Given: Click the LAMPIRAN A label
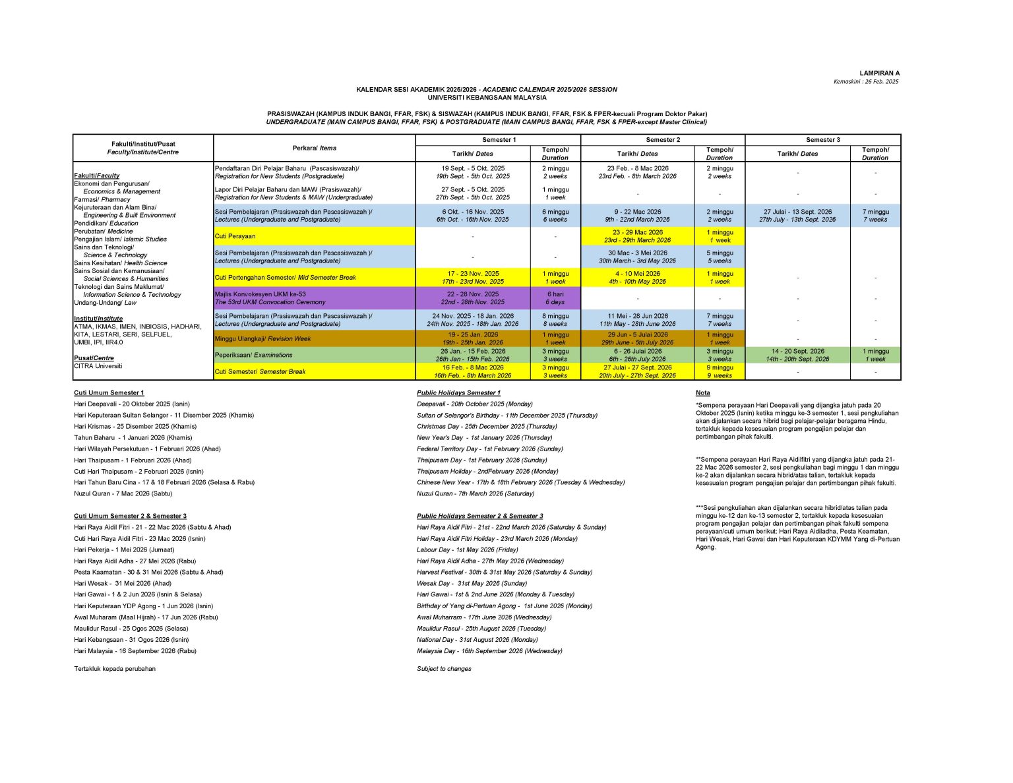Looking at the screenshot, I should click(879, 73).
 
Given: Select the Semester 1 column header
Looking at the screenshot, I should click(498, 140).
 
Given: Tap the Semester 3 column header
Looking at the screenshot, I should click(822, 140).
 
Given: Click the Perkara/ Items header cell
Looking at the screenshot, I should click(314, 148).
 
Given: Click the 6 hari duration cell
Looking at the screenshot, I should click(555, 298).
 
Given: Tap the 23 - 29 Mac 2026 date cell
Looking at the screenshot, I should click(637, 236).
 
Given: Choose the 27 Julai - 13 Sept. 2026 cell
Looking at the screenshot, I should click(797, 216).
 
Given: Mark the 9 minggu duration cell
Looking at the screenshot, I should click(720, 371).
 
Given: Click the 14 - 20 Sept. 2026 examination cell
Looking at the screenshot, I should click(797, 355).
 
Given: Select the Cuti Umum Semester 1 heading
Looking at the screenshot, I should click(109, 393).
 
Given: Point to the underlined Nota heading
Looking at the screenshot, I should click(702, 393).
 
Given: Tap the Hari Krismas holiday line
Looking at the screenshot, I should click(135, 427).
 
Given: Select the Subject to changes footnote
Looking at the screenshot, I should click(444, 669).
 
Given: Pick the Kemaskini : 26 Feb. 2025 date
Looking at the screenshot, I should click(866, 82).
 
